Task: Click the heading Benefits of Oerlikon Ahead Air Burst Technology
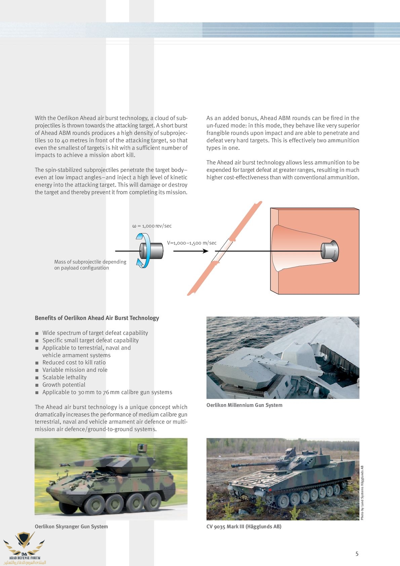click(x=97, y=318)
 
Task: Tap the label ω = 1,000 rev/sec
click(x=152, y=226)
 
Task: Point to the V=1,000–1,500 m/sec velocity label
click(x=192, y=243)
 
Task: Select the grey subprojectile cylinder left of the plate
click(x=153, y=251)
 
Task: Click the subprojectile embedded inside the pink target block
click(x=329, y=251)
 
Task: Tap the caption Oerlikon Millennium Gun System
click(x=244, y=405)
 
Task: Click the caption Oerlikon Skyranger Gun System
click(x=71, y=526)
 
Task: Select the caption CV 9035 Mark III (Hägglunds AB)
click(x=244, y=526)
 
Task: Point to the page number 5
click(x=357, y=554)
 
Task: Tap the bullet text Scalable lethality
click(x=65, y=377)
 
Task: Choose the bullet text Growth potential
click(x=64, y=385)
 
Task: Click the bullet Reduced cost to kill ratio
click(x=74, y=362)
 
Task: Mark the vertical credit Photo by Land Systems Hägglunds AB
click(x=362, y=492)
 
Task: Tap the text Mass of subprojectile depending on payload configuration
click(x=90, y=265)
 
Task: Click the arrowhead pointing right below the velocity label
click(x=206, y=251)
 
